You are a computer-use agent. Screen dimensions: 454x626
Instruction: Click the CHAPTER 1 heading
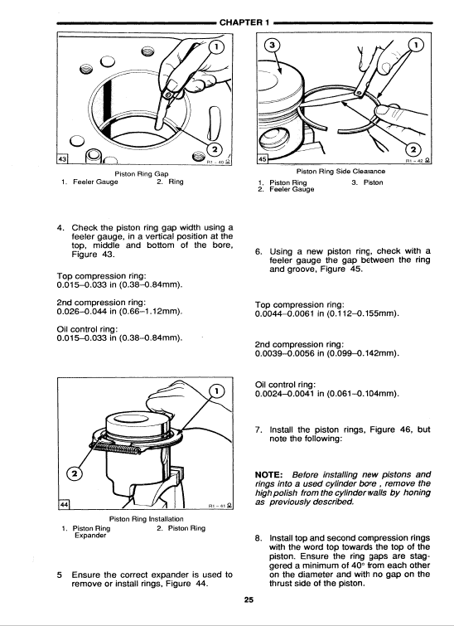[x=245, y=22]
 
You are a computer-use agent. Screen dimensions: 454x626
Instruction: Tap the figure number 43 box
[x=63, y=159]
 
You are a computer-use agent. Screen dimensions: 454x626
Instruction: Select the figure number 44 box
[x=63, y=505]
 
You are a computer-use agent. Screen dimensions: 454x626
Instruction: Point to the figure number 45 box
[x=262, y=159]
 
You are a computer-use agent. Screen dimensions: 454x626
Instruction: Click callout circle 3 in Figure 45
[x=272, y=45]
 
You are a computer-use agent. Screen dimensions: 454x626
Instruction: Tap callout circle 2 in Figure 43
[x=215, y=149]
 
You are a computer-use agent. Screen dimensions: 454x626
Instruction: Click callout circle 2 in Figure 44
[x=75, y=474]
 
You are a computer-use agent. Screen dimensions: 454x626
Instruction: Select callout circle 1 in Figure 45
[x=416, y=45]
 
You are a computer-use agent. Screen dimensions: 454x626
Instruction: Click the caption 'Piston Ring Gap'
[x=142, y=174]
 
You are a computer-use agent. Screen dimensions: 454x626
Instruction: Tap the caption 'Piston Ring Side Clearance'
[x=340, y=172]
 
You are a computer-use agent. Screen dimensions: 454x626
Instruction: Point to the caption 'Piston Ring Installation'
[x=146, y=519]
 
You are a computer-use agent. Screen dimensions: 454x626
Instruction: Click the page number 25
[x=249, y=599]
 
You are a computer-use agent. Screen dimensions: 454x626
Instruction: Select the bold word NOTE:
[x=269, y=475]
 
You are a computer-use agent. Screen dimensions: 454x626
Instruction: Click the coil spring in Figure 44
[x=115, y=448]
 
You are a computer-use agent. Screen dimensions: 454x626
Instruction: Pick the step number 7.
[x=258, y=430]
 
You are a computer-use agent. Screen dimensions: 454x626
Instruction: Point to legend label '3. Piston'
[x=367, y=182]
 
